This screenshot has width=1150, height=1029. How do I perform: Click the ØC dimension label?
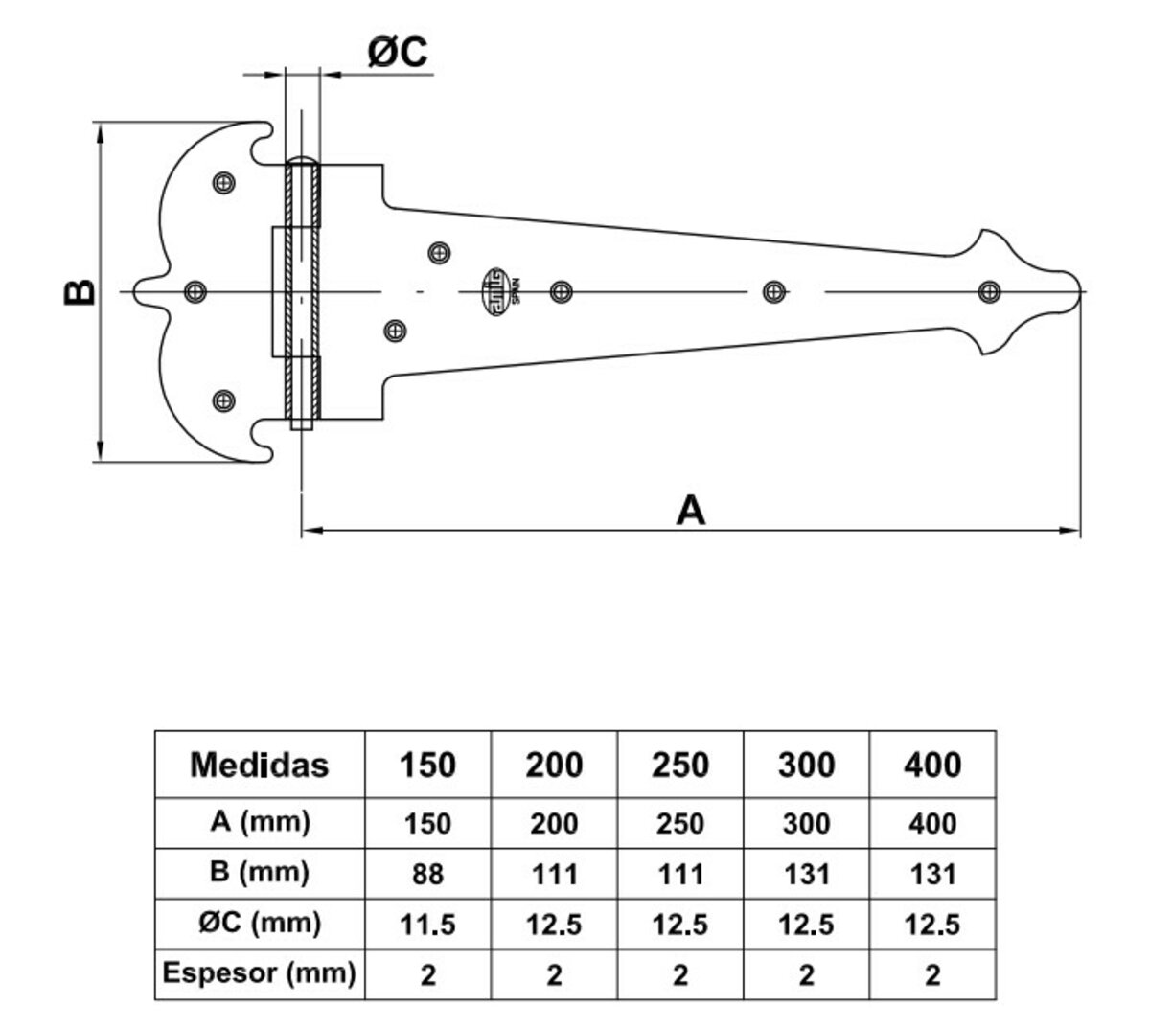pyautogui.click(x=398, y=53)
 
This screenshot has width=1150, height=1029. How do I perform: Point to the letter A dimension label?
pyautogui.click(x=690, y=510)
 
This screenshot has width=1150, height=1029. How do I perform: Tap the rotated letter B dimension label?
pyautogui.click(x=80, y=291)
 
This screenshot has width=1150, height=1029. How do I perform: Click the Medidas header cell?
pyautogui.click(x=260, y=765)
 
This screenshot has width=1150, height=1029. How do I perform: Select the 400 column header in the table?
pyautogui.click(x=932, y=765)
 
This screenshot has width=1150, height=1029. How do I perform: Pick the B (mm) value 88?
pyautogui.click(x=427, y=874)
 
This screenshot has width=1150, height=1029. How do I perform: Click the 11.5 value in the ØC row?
pyautogui.click(x=427, y=925)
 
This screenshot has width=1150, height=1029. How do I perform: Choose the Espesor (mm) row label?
pyautogui.click(x=260, y=974)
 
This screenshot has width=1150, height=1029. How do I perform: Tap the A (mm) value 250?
pyautogui.click(x=679, y=823)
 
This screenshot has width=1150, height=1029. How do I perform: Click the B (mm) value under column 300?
pyautogui.click(x=806, y=874)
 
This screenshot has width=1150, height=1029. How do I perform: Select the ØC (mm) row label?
pyautogui.click(x=260, y=924)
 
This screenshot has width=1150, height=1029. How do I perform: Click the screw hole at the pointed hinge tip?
pyautogui.click(x=989, y=291)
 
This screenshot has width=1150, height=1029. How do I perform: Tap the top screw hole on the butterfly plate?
pyautogui.click(x=224, y=181)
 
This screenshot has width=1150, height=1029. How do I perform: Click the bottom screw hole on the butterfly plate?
pyautogui.click(x=224, y=400)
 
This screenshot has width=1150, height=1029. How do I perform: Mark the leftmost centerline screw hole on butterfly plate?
pyautogui.click(x=195, y=291)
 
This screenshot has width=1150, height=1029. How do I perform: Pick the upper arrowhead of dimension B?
pyautogui.click(x=100, y=130)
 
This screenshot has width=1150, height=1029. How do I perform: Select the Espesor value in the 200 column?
pyautogui.click(x=554, y=975)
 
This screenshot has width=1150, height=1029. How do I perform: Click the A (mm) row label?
pyautogui.click(x=260, y=822)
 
